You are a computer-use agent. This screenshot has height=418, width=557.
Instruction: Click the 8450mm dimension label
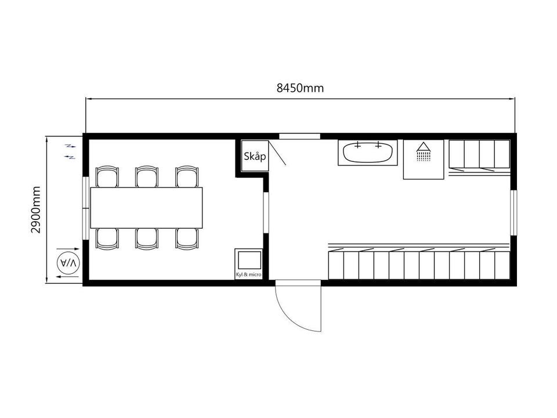[x=300, y=88]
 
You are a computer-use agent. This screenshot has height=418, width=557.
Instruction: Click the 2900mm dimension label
[x=35, y=210]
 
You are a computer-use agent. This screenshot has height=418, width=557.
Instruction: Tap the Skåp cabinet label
[x=255, y=156]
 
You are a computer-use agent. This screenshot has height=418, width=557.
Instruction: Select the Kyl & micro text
[x=249, y=275]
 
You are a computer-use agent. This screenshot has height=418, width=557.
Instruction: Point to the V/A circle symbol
[x=68, y=264]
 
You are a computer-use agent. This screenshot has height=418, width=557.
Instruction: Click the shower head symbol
[x=423, y=152]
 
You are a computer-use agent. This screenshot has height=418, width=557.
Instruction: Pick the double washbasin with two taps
[x=368, y=153]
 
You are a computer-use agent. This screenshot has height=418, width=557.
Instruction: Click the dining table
[x=146, y=208]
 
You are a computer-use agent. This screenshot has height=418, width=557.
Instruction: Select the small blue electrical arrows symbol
[x=70, y=152]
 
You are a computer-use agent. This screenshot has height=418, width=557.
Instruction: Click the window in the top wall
[x=299, y=136]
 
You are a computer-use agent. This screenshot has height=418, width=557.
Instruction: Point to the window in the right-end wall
[x=513, y=213]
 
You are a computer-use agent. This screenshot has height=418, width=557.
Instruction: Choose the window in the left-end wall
[x=85, y=208]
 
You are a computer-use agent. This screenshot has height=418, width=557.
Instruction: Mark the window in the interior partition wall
[x=266, y=213]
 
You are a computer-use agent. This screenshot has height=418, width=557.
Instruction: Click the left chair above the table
[x=107, y=176]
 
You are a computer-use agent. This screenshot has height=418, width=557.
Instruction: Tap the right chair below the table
[x=187, y=239]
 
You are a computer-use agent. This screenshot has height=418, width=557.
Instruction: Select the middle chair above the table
[x=147, y=176]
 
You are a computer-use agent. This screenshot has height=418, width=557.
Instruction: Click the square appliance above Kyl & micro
[x=249, y=260]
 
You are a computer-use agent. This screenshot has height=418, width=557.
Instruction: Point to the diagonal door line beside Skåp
[x=277, y=153]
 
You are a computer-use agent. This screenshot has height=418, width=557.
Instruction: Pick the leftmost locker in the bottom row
[x=336, y=265]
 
